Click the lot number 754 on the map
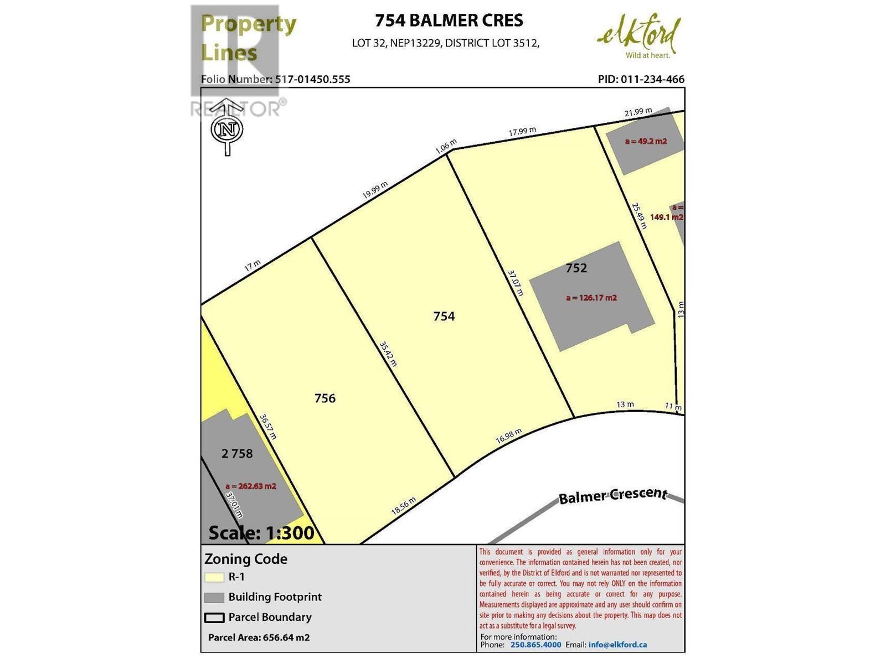pyautogui.click(x=444, y=316)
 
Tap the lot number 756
pyautogui.click(x=324, y=398)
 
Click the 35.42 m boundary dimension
pyautogui.click(x=388, y=354)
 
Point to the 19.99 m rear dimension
pyautogui.click(x=375, y=191)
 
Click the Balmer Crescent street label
pyautogui.click(x=612, y=495)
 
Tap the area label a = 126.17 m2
pyautogui.click(x=591, y=298)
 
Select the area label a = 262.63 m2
pyautogui.click(x=250, y=486)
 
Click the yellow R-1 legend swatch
pyautogui.click(x=214, y=577)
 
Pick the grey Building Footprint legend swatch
pyautogui.click(x=214, y=598)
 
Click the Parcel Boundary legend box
pyautogui.click(x=214, y=618)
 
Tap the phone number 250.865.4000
pyautogui.click(x=535, y=645)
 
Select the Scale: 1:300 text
pyautogui.click(x=261, y=533)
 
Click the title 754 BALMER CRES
pyautogui.click(x=449, y=20)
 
